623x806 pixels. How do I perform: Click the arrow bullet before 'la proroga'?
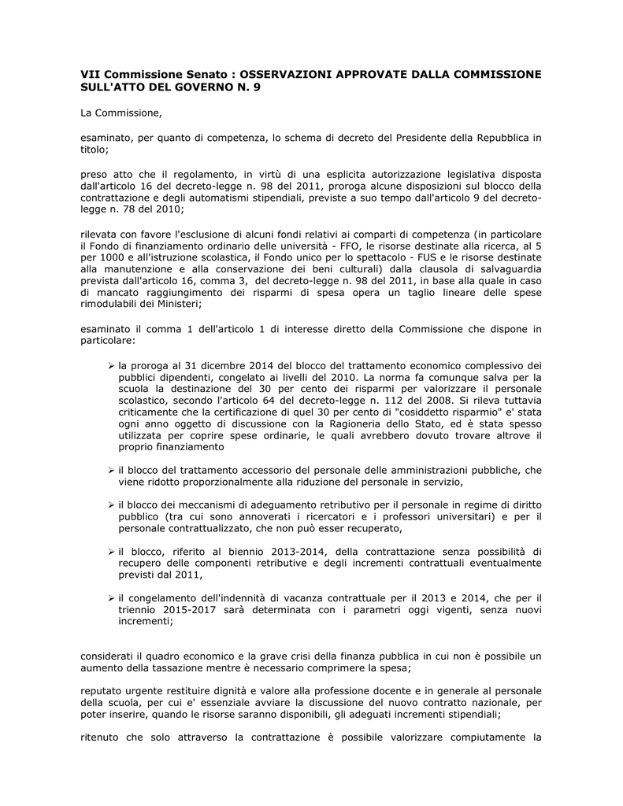[111, 366]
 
